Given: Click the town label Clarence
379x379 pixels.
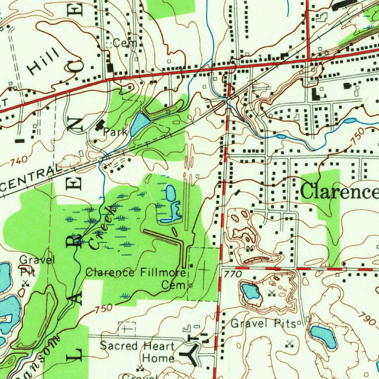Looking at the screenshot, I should pos(339,191).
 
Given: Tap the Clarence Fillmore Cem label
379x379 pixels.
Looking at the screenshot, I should pos(136,279).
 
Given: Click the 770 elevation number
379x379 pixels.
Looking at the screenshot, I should pos(232,274).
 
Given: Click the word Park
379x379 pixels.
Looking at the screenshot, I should pos(115,131).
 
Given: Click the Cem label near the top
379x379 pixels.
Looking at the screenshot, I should pos(125,43).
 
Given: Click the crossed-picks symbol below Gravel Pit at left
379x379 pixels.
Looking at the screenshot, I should pos(25,284).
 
